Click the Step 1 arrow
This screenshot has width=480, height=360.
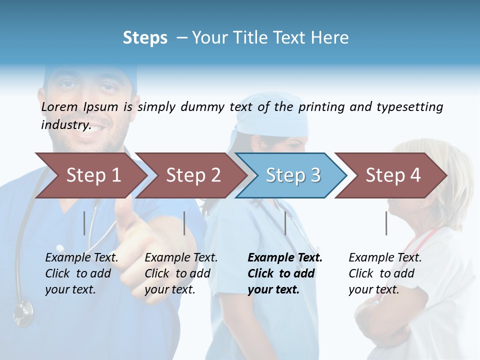tap(93, 175)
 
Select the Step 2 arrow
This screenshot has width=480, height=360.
tap(193, 175)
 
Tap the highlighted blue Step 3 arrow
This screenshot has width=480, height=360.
tap(292, 175)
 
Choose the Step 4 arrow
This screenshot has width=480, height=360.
tap(392, 175)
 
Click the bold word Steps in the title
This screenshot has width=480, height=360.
tap(145, 37)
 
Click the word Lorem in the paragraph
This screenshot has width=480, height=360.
tap(59, 106)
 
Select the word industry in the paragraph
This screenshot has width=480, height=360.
tap(64, 125)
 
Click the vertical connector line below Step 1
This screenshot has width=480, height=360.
tap(84, 223)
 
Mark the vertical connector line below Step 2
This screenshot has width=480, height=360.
tap(184, 223)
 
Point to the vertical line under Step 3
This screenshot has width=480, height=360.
tap(285, 223)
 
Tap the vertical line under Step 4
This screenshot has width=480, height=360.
tap(386, 223)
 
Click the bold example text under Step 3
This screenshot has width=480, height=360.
tap(284, 273)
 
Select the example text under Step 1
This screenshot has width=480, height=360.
tap(81, 273)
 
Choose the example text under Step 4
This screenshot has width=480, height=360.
tap(384, 273)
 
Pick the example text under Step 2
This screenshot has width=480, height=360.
tap(180, 273)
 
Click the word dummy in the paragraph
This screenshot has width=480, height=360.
tap(202, 106)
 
